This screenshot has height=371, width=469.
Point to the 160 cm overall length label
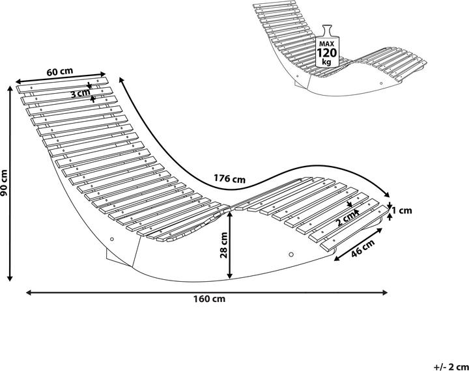pyautogui.click(x=210, y=299)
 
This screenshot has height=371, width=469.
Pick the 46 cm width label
pyautogui.click(x=362, y=250)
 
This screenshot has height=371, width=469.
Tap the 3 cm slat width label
pyautogui.click(x=81, y=93)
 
